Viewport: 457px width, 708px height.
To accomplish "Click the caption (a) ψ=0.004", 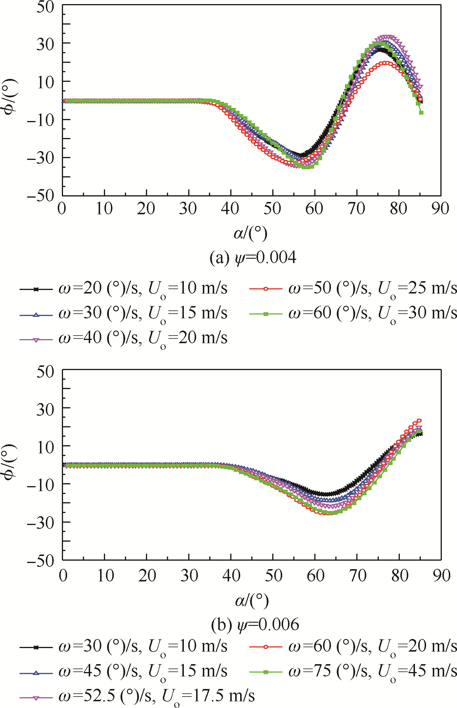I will click(x=252, y=258).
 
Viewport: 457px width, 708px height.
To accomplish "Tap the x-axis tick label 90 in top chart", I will click(x=440, y=209).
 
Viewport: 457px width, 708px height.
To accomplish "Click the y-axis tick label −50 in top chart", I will click(x=41, y=196).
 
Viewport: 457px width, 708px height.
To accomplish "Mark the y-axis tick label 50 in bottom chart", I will click(x=45, y=371).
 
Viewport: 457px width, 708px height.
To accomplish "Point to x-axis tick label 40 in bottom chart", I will click(x=231, y=576).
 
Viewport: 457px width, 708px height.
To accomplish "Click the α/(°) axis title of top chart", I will click(x=250, y=233).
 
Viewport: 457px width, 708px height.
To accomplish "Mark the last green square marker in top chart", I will click(x=421, y=113).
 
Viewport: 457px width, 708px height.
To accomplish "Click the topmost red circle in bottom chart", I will click(x=419, y=421).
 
